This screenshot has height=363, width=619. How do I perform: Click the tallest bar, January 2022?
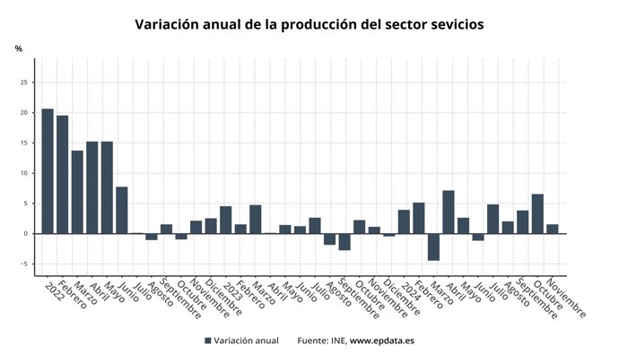coord(48,171)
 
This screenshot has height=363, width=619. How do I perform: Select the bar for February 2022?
coord(62,175)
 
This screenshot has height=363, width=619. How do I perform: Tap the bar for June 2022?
coord(121,210)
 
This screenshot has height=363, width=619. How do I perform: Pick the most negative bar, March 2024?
coord(432,246)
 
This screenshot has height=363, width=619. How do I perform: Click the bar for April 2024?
coord(448,212)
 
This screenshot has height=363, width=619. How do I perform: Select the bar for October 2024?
coord(536,213)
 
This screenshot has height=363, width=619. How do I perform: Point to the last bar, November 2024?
coord(552,229)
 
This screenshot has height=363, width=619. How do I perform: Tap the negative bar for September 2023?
coord(344,242)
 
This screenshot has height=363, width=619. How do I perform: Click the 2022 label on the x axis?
coord(55,290)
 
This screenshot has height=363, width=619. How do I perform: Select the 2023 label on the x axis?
coord(232,290)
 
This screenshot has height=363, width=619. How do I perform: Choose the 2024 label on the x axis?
coord(411,290)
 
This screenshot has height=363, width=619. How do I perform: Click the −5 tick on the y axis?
coord(26,264)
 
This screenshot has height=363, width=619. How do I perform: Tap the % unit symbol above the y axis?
coord(18,48)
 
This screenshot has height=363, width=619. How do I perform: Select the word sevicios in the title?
coord(452,25)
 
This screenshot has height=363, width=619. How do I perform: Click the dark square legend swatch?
coord(208,341)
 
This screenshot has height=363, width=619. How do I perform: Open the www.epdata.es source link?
coord(381,341)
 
